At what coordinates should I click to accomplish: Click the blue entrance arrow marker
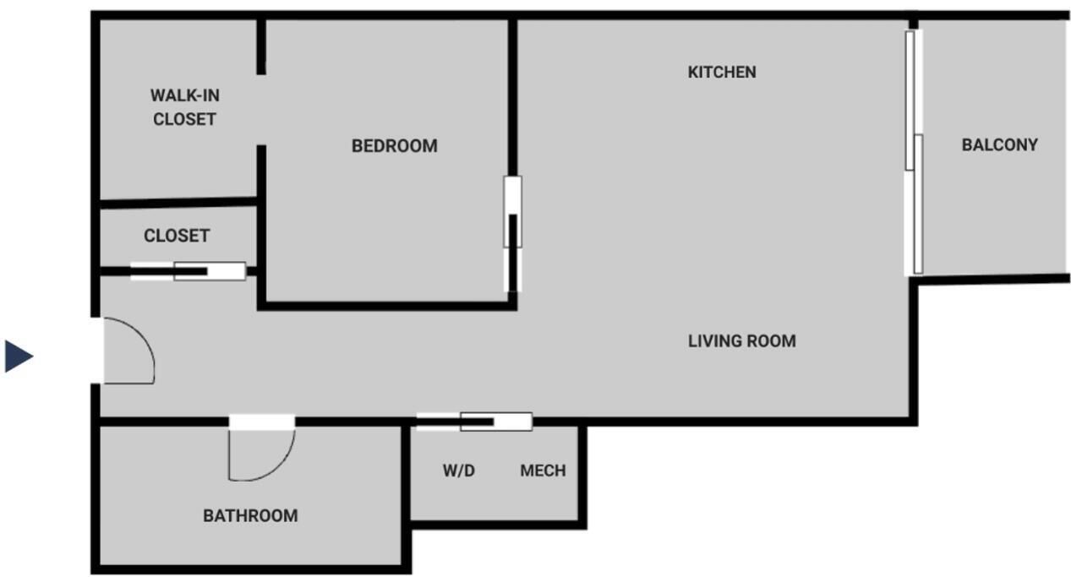click(x=18, y=356)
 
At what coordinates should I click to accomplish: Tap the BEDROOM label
click(x=395, y=145)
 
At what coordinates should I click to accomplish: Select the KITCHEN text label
click(x=722, y=72)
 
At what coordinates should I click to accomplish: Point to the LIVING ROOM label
click(x=742, y=341)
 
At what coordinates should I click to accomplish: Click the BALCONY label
click(x=1000, y=144)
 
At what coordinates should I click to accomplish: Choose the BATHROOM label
click(x=250, y=516)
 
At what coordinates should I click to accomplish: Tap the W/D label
click(x=459, y=471)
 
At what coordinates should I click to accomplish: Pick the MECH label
click(x=544, y=471)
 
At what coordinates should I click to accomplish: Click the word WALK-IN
click(x=185, y=95)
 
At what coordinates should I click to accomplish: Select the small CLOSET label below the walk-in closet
click(x=177, y=236)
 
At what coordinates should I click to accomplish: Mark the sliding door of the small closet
click(x=189, y=271)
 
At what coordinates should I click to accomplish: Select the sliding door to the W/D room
click(x=474, y=422)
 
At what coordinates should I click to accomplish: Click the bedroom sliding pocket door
click(x=512, y=234)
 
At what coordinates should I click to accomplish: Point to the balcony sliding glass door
click(x=914, y=153)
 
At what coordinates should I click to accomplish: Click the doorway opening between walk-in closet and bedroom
click(x=261, y=110)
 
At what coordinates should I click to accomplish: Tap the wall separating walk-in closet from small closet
click(x=178, y=203)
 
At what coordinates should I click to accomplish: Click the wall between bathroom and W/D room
click(x=406, y=497)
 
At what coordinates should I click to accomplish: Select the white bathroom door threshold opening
click(x=261, y=422)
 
